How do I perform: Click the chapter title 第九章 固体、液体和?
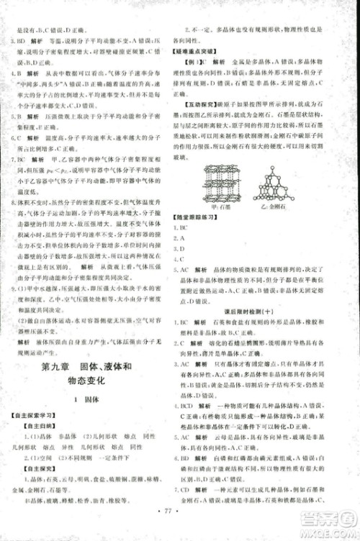87,368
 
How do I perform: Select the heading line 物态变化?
87,386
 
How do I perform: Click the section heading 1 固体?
87,406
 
